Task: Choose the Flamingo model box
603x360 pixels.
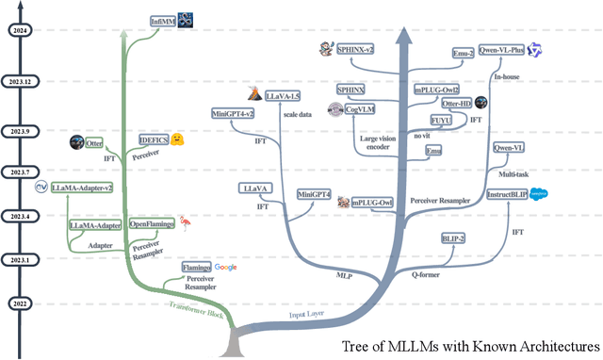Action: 190,268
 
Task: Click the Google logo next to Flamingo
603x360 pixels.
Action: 225,268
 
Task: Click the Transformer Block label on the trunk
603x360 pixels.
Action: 198,311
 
